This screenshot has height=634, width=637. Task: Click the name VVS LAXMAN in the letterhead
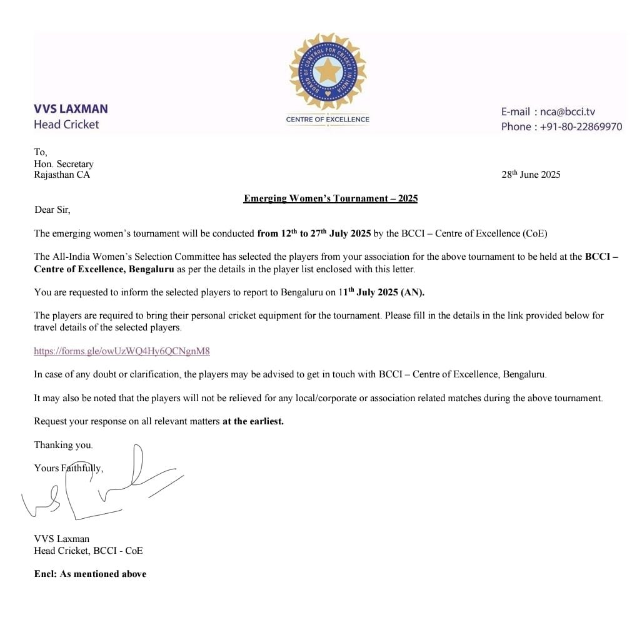point(71,108)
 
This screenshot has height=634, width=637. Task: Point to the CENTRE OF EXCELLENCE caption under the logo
point(328,119)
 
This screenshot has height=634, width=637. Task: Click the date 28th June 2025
point(531,175)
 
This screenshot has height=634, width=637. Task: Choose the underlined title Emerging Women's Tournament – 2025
point(331,198)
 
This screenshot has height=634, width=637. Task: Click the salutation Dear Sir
point(53,210)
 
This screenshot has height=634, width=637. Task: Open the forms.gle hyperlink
point(122,351)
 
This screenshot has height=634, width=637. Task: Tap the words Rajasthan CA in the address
point(62,175)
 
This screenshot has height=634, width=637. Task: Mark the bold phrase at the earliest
point(253,421)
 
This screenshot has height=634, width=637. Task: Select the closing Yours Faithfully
point(69,468)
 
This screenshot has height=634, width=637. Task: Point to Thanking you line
point(63,445)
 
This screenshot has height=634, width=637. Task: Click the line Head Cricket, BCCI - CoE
point(88,551)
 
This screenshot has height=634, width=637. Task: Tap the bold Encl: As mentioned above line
point(90,574)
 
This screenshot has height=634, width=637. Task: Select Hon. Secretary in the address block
point(64,164)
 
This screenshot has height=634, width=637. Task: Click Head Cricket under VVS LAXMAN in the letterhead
point(66,125)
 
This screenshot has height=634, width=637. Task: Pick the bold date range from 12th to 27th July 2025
point(314,233)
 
